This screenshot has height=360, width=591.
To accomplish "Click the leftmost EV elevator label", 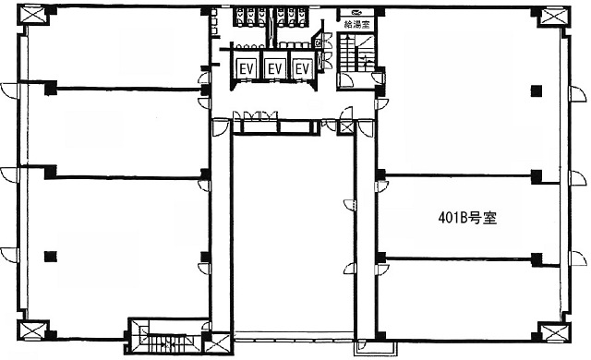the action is tap(247, 69).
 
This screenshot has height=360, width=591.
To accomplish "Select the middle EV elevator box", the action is tap(275, 69).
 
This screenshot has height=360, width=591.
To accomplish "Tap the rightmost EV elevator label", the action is tap(303, 69).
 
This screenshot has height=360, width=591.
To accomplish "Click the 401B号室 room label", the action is tap(467, 218).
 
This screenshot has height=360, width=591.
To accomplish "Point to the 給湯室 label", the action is tap(357, 25).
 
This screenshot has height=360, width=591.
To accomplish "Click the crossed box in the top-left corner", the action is tap(33, 16).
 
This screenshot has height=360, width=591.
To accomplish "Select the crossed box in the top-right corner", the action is tap(553, 18).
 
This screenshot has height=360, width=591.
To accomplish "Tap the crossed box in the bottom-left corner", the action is tap(32, 330).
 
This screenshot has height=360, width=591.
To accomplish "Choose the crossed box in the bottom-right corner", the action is tap(554, 333).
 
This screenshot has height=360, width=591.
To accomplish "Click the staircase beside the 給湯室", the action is tap(356, 53).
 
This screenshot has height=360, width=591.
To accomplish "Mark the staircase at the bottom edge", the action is tap(164, 336).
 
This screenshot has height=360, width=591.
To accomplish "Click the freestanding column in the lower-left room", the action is tap(50, 257).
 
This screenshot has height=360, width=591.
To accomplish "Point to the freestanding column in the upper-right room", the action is tap(537, 90).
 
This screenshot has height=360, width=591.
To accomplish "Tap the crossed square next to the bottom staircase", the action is tap(218, 344).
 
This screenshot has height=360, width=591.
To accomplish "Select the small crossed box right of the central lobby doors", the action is tap(346, 126).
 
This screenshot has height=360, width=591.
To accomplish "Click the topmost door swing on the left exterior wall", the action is tap(9, 90).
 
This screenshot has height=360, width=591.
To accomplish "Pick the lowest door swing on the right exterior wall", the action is tap(578, 258).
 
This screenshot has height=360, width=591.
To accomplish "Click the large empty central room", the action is tap(294, 234).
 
